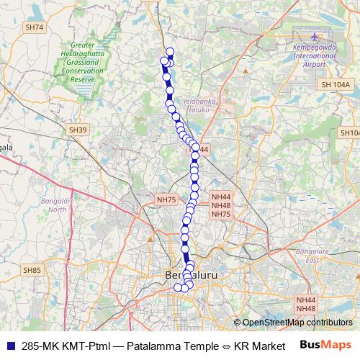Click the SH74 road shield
click(x=34, y=27)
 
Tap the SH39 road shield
click(x=78, y=130)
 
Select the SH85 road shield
click(x=32, y=270)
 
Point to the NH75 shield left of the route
click(x=166, y=199)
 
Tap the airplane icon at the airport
click(x=315, y=35)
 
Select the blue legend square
click(x=11, y=345)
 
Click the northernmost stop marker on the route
click(x=170, y=51)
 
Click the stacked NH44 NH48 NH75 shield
click(x=221, y=205)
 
